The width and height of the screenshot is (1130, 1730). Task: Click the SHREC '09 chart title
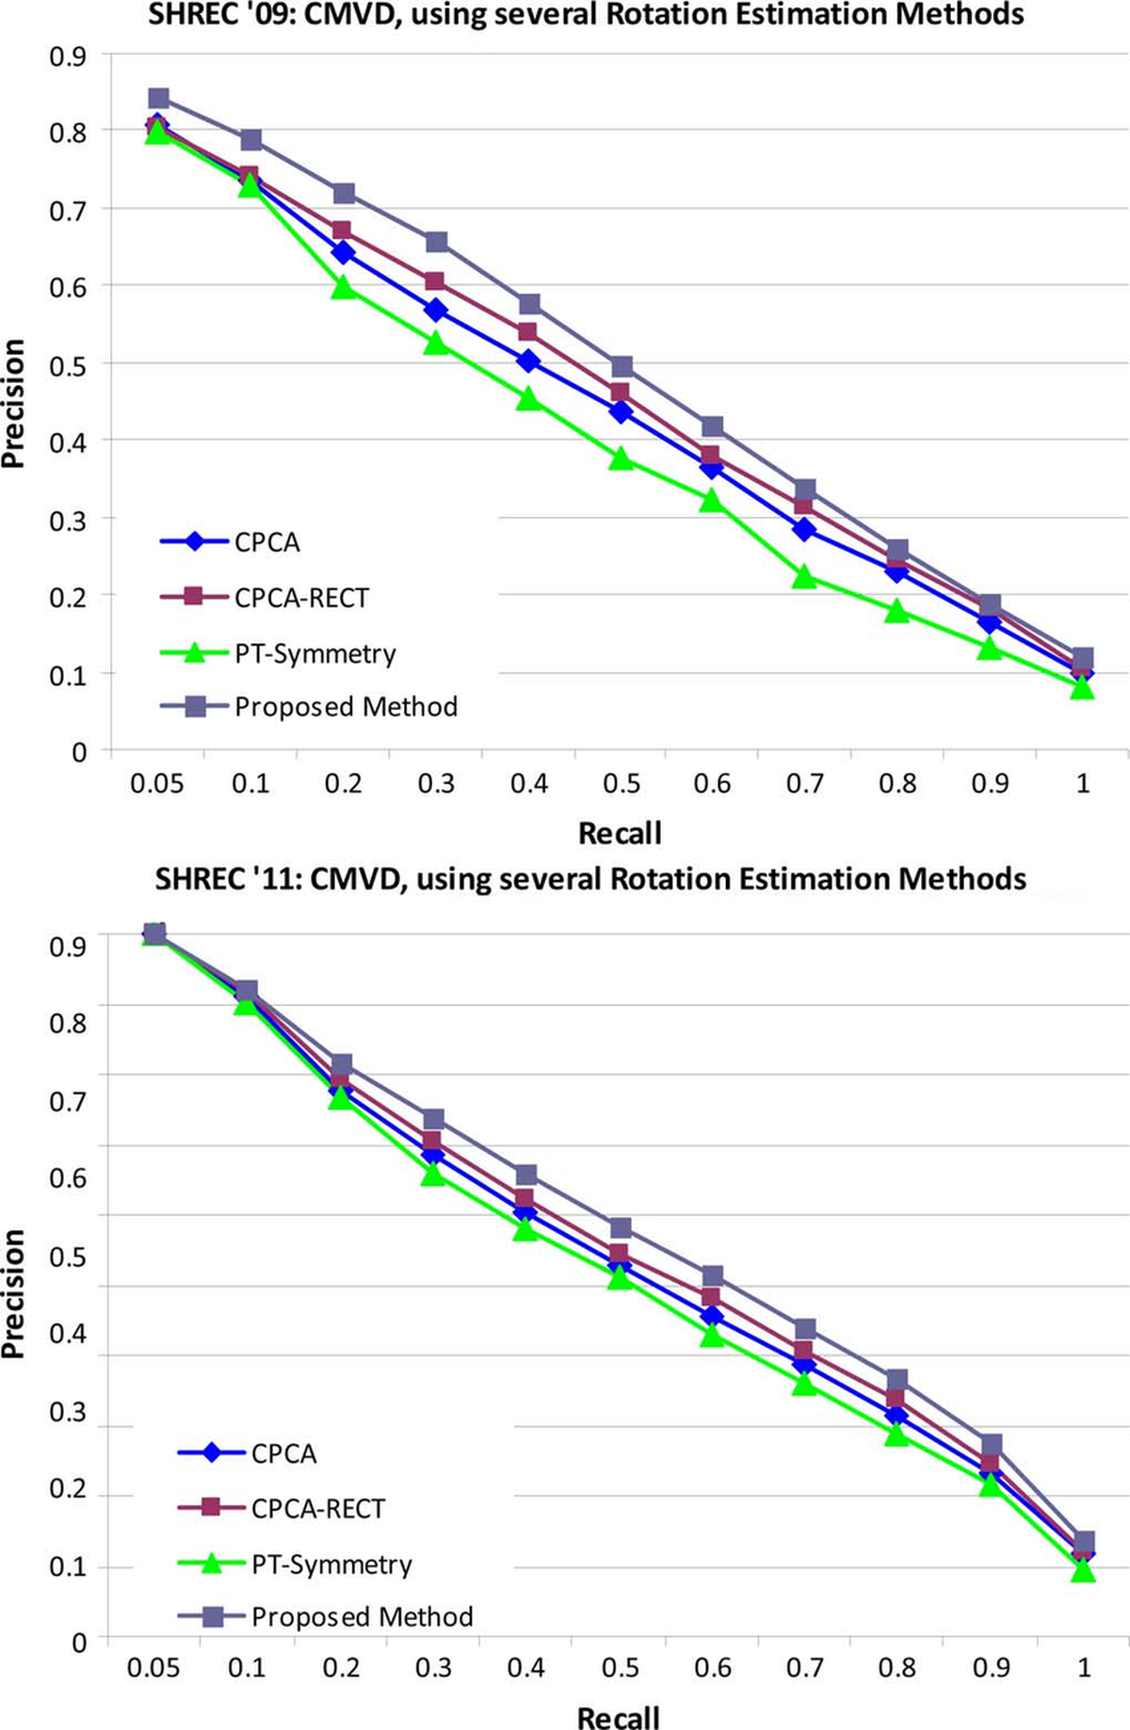click(586, 15)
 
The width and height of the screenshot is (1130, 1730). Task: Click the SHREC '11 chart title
click(590, 879)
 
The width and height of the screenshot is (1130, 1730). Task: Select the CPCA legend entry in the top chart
click(266, 542)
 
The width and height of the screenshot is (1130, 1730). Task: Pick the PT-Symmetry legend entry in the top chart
click(315, 653)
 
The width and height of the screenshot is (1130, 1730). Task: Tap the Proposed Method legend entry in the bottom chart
click(362, 1617)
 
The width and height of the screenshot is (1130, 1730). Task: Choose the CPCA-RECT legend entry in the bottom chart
click(317, 1509)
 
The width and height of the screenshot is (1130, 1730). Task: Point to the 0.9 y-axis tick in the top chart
click(67, 56)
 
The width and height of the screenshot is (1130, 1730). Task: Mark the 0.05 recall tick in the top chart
click(156, 783)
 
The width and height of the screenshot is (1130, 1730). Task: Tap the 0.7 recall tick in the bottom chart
click(804, 1667)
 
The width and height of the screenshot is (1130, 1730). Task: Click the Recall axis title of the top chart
click(620, 833)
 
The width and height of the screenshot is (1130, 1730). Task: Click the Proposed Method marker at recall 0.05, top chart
click(158, 98)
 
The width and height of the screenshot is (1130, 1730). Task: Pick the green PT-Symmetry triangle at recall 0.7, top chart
click(804, 577)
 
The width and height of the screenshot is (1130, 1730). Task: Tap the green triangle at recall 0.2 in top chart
click(344, 288)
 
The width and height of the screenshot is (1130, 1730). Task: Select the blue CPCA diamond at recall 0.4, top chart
click(528, 361)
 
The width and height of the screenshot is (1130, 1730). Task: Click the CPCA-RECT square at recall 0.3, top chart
click(435, 281)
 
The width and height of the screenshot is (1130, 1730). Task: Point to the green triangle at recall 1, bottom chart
click(1083, 1570)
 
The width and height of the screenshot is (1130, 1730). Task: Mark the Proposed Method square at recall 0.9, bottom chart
click(991, 1444)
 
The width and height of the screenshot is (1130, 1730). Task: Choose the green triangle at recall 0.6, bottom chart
click(712, 1335)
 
